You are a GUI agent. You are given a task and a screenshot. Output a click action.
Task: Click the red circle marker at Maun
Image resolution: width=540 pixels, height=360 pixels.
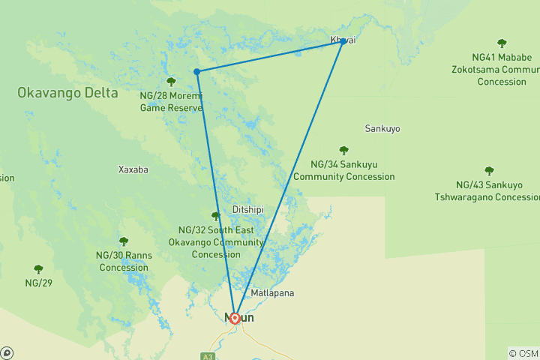click(x=235, y=318)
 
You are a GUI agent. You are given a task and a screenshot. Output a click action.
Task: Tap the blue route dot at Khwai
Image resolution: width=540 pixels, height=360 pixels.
click(x=343, y=41)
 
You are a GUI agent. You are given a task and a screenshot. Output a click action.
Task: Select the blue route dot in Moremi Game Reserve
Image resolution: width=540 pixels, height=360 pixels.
click(x=196, y=72)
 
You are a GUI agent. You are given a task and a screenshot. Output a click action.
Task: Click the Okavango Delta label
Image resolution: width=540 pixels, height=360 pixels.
click(x=67, y=93)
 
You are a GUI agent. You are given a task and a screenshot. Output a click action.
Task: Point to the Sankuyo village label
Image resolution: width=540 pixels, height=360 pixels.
click(x=382, y=129)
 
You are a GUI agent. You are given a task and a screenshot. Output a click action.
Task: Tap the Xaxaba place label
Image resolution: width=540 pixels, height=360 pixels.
click(x=133, y=169)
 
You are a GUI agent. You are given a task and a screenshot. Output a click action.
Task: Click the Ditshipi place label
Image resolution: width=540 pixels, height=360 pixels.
click(x=247, y=209)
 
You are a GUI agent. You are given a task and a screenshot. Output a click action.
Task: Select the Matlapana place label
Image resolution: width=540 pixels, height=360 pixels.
click(x=273, y=292)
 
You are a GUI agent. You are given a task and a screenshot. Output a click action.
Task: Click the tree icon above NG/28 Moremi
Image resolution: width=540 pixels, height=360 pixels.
click(x=171, y=82)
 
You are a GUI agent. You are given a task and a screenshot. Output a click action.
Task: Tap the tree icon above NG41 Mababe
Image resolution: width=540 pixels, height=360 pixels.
click(x=502, y=43)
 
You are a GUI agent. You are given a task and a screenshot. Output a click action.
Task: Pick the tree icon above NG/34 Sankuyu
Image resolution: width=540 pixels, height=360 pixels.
click(x=343, y=151)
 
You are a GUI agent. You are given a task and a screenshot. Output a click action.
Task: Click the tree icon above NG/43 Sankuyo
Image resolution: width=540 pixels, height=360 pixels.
click(x=489, y=171)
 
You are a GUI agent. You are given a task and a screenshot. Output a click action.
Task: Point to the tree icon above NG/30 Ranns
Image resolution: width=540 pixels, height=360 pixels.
click(x=124, y=241)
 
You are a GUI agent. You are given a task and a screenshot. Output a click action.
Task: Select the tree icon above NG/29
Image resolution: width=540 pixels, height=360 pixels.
click(x=38, y=268)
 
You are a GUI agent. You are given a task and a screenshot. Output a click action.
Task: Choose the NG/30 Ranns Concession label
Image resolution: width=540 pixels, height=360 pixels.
click(x=124, y=261)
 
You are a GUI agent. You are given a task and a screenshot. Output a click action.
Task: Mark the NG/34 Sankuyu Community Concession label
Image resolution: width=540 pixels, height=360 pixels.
click(x=343, y=170)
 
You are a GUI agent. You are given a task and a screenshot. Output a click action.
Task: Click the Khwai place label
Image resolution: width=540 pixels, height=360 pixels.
click(x=342, y=40)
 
